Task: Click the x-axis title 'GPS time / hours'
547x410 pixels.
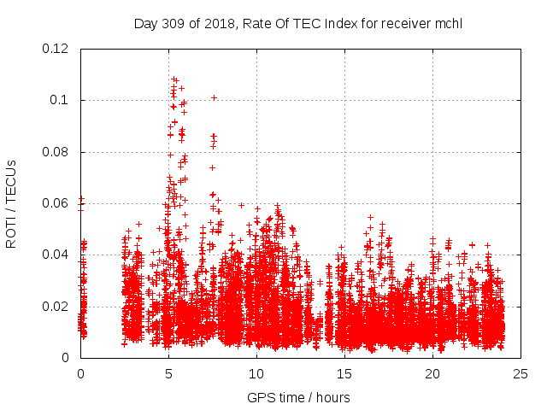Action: tap(298, 397)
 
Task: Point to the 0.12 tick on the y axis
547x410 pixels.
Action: tap(57, 49)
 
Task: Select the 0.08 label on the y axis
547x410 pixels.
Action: tap(57, 152)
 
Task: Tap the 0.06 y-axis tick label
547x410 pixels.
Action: tap(57, 203)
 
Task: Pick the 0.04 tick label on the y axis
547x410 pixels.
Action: tap(57, 255)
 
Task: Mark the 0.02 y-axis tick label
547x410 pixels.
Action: tap(57, 306)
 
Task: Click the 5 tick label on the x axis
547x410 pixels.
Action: tap(168, 373)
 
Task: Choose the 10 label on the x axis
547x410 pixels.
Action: tap(256, 373)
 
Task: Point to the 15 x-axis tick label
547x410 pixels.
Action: tap(344, 373)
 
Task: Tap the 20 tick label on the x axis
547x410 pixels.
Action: tap(432, 373)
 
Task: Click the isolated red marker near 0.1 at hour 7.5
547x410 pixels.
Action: tap(214, 97)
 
